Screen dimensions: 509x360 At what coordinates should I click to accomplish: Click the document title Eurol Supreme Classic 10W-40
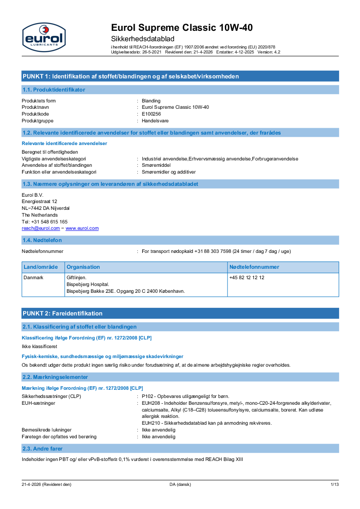tap(182, 28)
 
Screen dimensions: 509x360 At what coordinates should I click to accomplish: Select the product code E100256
tap(151, 114)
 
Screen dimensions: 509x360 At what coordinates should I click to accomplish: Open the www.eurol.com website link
tap(82, 228)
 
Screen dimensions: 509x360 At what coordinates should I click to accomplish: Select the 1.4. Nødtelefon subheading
tap(42, 240)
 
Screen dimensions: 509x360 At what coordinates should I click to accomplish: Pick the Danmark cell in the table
tap(34, 277)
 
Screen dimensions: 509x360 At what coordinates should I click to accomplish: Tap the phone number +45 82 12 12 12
tap(247, 277)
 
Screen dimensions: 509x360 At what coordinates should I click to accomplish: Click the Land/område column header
tap(41, 267)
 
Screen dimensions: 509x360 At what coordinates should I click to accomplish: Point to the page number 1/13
tap(335, 485)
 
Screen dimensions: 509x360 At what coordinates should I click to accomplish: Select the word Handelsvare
tap(155, 121)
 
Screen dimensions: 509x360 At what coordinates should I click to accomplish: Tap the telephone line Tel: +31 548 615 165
tap(44, 222)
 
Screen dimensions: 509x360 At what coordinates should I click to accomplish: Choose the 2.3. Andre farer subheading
tap(43, 449)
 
